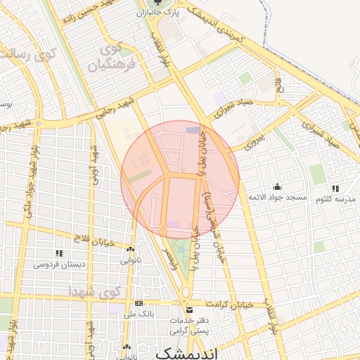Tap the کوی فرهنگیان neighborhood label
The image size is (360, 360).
[111, 58]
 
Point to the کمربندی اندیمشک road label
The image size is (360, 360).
[238, 30]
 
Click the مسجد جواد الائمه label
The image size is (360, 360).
[278, 198]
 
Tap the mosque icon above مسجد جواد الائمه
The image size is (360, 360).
[278, 187]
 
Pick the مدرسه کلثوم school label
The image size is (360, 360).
[336, 199]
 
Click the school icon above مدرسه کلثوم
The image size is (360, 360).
[336, 188]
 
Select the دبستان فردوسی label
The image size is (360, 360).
[60, 264]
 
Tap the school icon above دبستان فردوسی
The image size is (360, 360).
[60, 253]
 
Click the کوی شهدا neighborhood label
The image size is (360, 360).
[94, 290]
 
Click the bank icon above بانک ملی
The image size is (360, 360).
[138, 304]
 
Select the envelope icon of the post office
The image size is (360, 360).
[188, 310]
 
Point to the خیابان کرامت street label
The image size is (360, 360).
[229, 304]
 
